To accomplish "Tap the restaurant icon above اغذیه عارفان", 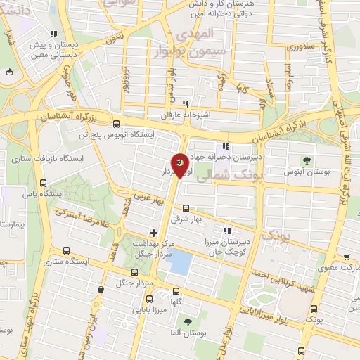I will (186, 102).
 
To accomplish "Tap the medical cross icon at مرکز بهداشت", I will (153, 233).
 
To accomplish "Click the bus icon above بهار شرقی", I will (186, 208).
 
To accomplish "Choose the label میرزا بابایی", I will (152, 308).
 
